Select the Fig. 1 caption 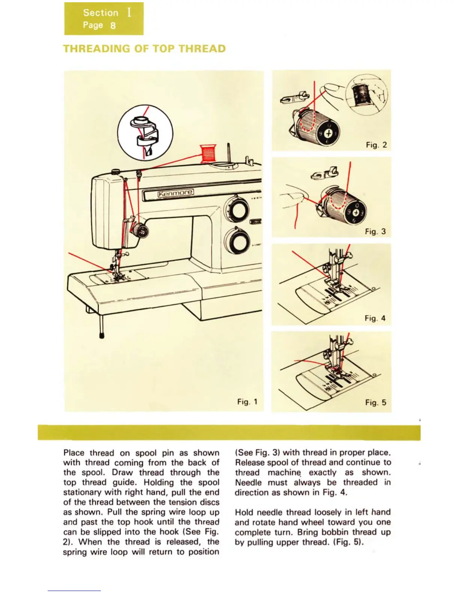coord(247,402)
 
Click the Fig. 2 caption coord(376,145)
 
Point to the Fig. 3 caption coord(375,231)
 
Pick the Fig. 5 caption coord(376,402)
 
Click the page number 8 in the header coord(113,25)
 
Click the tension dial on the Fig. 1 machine coord(140,231)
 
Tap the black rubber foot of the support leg coord(101,334)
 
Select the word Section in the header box coord(100,13)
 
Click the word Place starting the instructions coord(74,453)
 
